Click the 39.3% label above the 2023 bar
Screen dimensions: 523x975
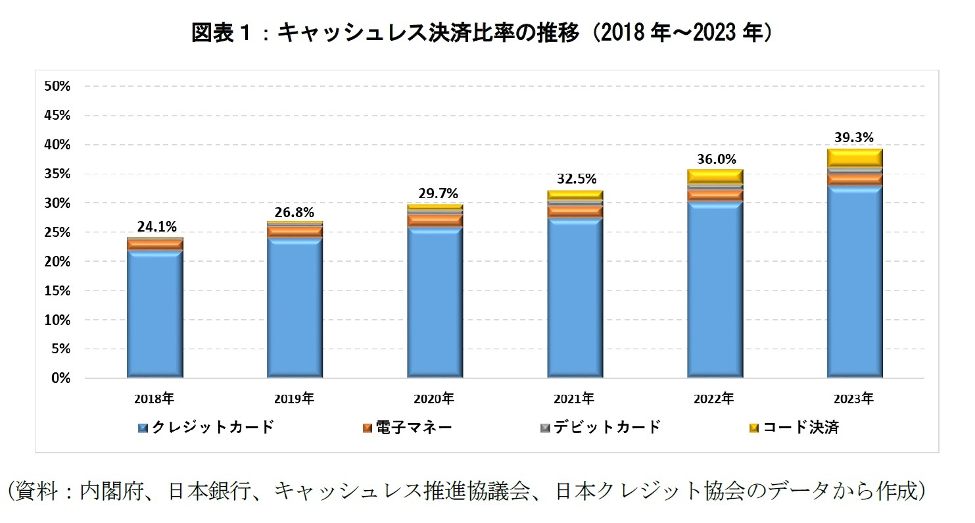point(855,137)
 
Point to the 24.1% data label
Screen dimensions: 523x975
point(156,227)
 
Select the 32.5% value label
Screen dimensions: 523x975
point(576,178)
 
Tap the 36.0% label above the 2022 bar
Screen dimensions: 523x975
point(716,159)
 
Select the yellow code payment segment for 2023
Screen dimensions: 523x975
point(855,158)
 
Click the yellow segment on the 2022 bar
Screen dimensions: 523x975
point(715,176)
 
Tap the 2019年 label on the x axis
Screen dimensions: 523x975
point(295,399)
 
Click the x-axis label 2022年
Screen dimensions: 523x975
point(714,399)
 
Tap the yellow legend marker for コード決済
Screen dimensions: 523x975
point(754,428)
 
